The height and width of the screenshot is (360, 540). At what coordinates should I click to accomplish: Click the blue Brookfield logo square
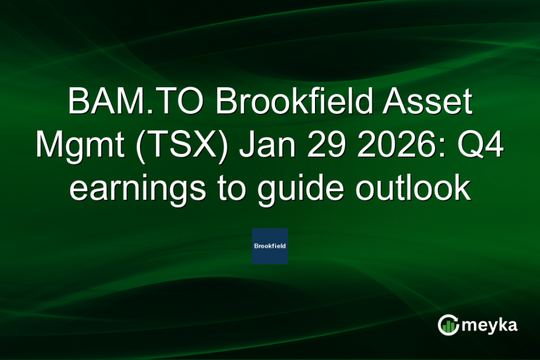270,246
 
